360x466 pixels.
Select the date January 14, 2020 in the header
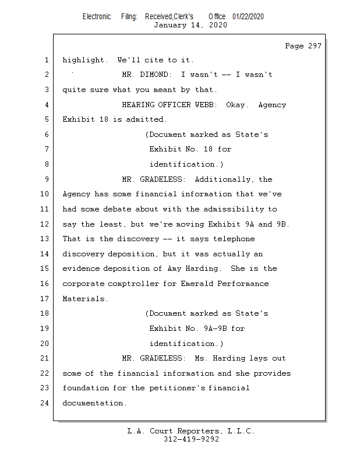(190, 25)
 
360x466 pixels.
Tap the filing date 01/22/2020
(248, 16)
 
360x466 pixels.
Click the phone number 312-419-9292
(190, 439)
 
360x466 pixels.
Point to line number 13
(45, 239)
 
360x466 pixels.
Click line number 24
(45, 403)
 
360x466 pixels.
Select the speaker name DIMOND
(156, 75)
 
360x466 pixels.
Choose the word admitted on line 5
(147, 119)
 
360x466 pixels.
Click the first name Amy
(177, 269)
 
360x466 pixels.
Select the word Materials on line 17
(85, 299)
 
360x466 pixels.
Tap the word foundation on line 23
(85, 388)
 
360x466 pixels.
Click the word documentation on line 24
(94, 403)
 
